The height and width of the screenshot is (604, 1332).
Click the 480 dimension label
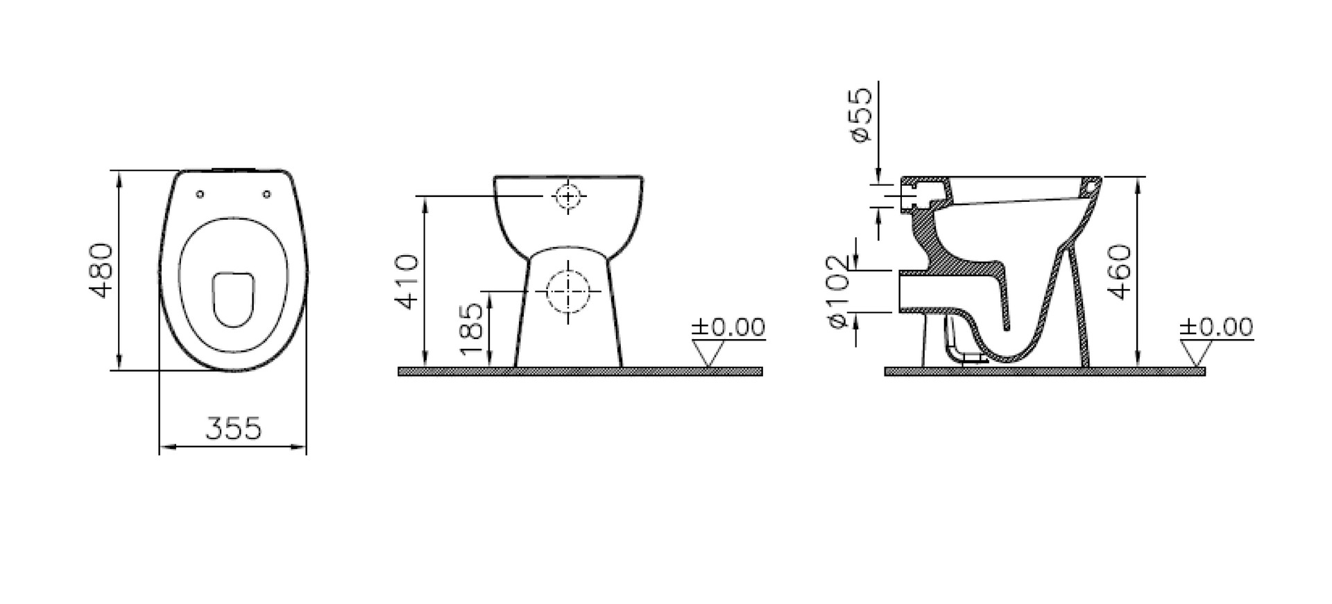tap(102, 270)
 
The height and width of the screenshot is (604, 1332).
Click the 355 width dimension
tap(234, 429)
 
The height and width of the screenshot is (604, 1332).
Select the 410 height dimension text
tap(407, 282)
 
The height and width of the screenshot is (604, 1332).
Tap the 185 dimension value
tap(472, 329)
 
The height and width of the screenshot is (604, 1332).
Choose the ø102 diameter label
tap(837, 291)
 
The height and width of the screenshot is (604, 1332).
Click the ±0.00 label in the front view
tap(728, 327)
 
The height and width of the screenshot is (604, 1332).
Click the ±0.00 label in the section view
tap(1217, 327)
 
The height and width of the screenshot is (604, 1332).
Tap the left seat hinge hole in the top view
tap(200, 194)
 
